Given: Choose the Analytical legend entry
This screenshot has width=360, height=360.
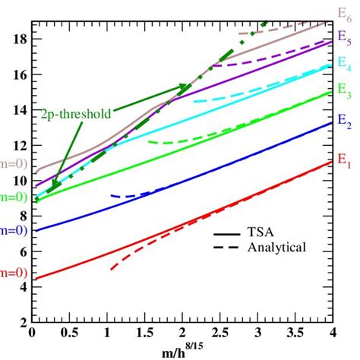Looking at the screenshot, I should [x=272, y=248].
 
